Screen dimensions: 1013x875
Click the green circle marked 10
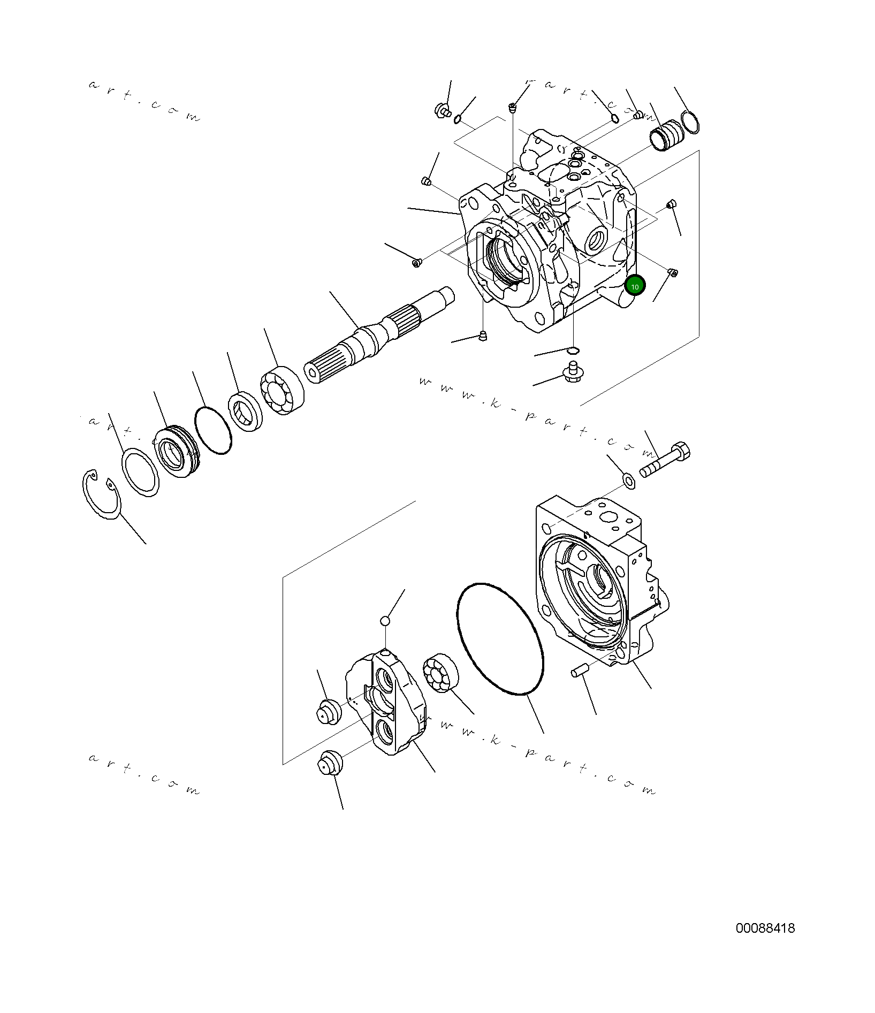[635, 286]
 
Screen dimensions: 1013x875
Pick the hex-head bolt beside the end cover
[666, 460]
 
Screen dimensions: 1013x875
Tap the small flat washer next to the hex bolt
[629, 481]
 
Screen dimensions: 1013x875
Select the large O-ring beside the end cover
[500, 639]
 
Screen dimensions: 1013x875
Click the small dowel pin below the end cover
[580, 670]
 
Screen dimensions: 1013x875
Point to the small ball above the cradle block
[385, 621]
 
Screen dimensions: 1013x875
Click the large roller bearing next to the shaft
[282, 391]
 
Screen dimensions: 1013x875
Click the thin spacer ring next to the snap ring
[140, 473]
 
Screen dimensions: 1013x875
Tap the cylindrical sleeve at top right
[666, 137]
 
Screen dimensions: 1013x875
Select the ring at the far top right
[690, 123]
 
